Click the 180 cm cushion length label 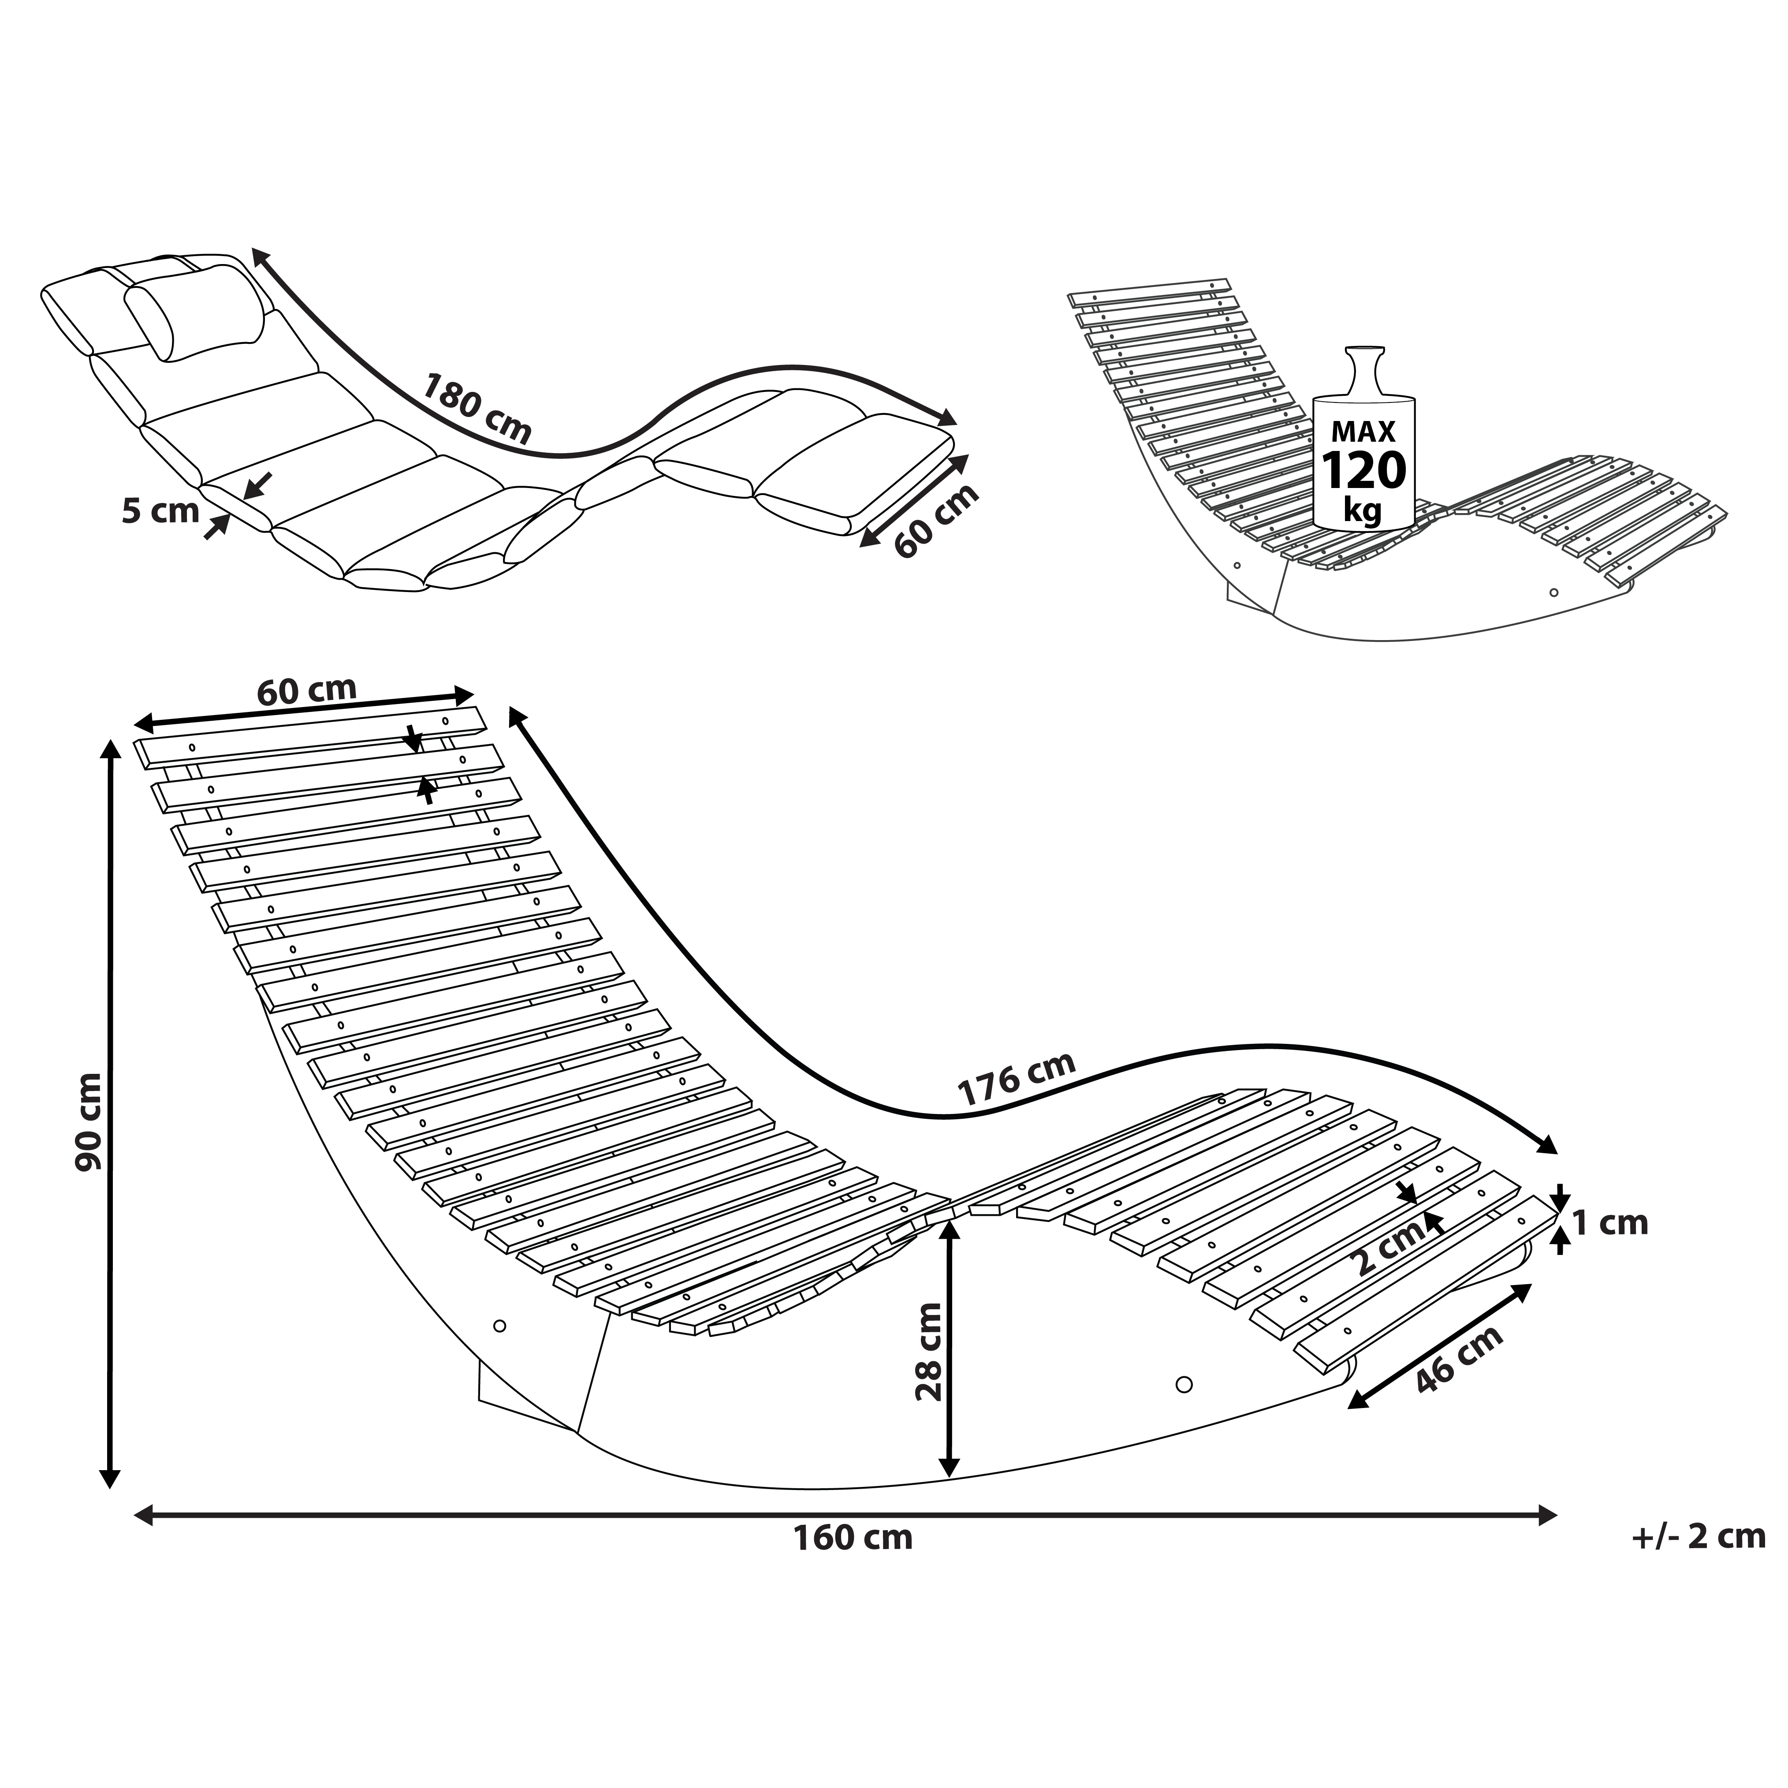477,408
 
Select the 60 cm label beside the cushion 935,521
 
